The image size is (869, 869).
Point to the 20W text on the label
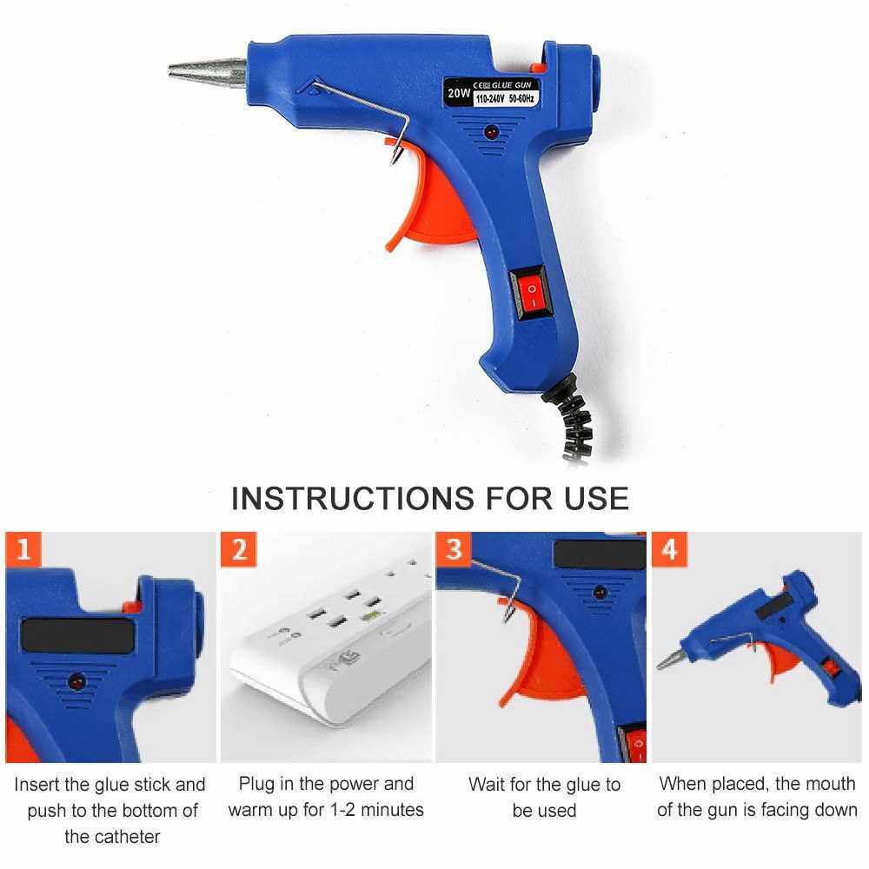pyautogui.click(x=459, y=93)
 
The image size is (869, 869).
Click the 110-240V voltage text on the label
pyautogui.click(x=490, y=99)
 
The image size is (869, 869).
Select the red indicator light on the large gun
pyautogui.click(x=491, y=132)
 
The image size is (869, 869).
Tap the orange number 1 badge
pyautogui.click(x=23, y=549)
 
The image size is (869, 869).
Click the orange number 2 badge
pyautogui.click(x=239, y=549)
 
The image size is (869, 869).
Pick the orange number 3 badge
pyautogui.click(x=454, y=548)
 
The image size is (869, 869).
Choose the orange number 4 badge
pyautogui.click(x=669, y=549)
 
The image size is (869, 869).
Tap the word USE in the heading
pyautogui.click(x=596, y=498)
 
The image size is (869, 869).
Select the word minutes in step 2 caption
pyautogui.click(x=392, y=810)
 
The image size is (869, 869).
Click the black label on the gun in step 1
pyautogui.click(x=77, y=636)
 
